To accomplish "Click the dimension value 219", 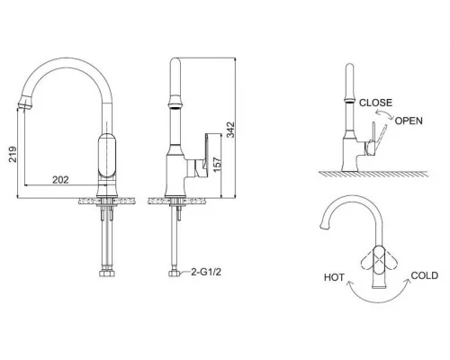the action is [x=13, y=154].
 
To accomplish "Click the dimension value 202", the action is [x=60, y=180].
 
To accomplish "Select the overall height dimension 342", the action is [x=230, y=130].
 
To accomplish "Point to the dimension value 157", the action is [x=217, y=165].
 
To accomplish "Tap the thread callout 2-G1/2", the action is [x=206, y=272].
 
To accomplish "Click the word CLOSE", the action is [x=375, y=103].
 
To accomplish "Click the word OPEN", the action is [x=409, y=121].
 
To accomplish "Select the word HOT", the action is [x=334, y=277].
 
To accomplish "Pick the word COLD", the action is [x=425, y=275].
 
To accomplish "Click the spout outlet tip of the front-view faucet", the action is [x=24, y=106].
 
